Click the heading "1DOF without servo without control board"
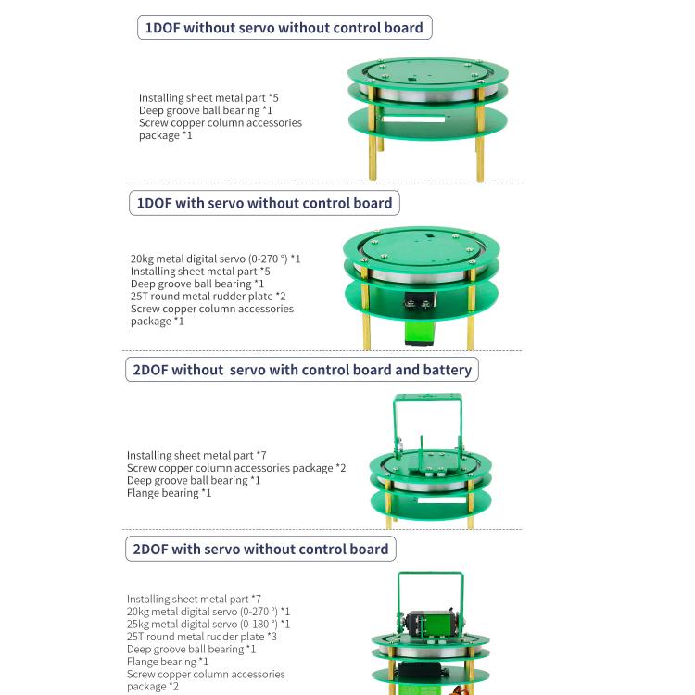(x=284, y=28)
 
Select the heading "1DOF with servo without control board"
(x=264, y=203)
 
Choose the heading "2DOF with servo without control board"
(x=260, y=549)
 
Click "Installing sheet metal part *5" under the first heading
(x=208, y=97)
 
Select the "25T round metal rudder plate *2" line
(x=201, y=297)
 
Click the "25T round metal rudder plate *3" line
(x=201, y=637)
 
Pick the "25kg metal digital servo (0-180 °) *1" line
(x=208, y=625)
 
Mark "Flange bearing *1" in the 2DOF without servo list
(x=169, y=493)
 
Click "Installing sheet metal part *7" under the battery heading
(x=196, y=456)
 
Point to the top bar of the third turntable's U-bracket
(x=428, y=398)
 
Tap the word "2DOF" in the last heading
(x=150, y=549)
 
